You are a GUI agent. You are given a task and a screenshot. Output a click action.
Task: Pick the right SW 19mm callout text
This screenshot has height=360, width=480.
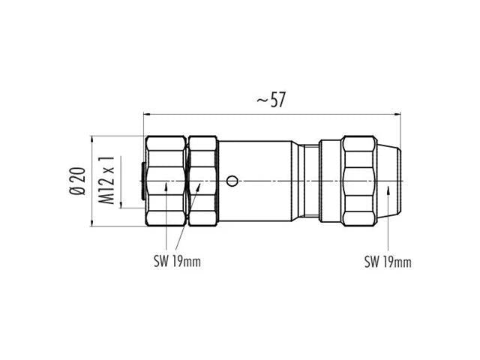pos(388,262)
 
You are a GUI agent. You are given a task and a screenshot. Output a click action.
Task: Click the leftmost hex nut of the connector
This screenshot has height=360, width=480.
pos(165,181)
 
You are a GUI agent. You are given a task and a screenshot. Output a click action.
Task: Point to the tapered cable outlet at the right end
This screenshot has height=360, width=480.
pos(391,181)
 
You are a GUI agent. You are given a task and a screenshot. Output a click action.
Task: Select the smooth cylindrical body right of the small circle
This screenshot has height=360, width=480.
pos(270,181)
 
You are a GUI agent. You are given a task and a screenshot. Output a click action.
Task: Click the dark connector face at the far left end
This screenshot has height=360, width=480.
pos(142,181)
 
